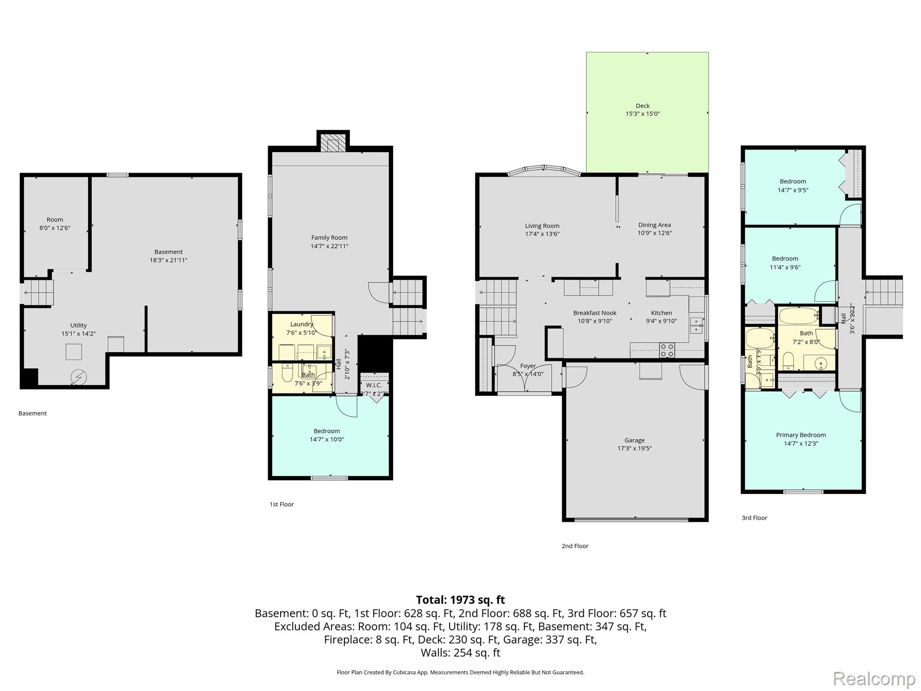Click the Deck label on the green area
pyautogui.click(x=643, y=106)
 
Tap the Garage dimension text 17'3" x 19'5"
pyautogui.click(x=635, y=449)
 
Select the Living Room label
pyautogui.click(x=542, y=226)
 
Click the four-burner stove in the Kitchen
pyautogui.click(x=667, y=350)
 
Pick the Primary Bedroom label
pyautogui.click(x=801, y=435)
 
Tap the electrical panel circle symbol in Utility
pyautogui.click(x=79, y=377)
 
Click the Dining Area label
pyautogui.click(x=654, y=225)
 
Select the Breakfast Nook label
pyautogui.click(x=595, y=313)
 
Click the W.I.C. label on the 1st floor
pyautogui.click(x=374, y=385)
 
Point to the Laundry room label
pyautogui.click(x=302, y=324)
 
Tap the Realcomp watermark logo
pyautogui.click(x=874, y=678)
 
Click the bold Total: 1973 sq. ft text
pyautogui.click(x=460, y=600)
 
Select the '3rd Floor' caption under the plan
pyautogui.click(x=754, y=518)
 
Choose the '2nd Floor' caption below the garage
pyautogui.click(x=575, y=546)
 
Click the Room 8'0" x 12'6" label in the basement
pyautogui.click(x=55, y=224)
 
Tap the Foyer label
pyautogui.click(x=528, y=366)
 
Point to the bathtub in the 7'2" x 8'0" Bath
pyautogui.click(x=799, y=316)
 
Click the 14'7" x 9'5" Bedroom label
pyautogui.click(x=793, y=186)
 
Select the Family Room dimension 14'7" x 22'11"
pyautogui.click(x=329, y=246)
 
